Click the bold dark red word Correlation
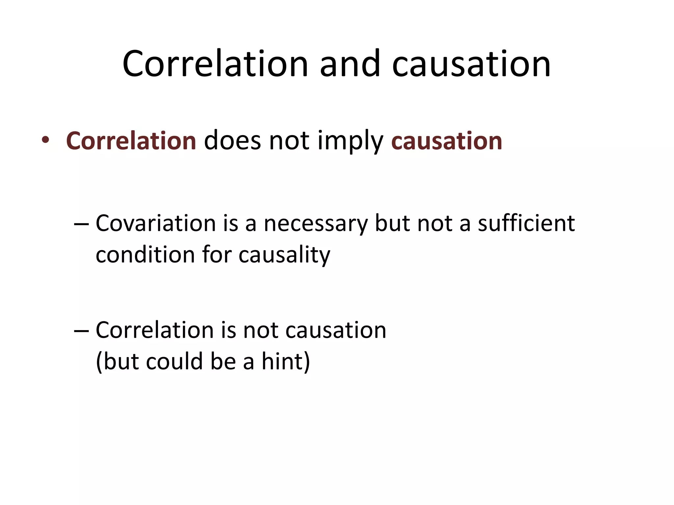click(x=131, y=141)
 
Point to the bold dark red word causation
click(x=447, y=141)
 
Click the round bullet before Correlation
click(x=45, y=140)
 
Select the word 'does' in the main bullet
click(x=232, y=141)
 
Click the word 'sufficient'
click(x=526, y=224)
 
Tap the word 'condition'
click(x=145, y=255)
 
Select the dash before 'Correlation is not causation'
click(x=81, y=331)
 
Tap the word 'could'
click(x=174, y=361)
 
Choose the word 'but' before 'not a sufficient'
click(x=392, y=224)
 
